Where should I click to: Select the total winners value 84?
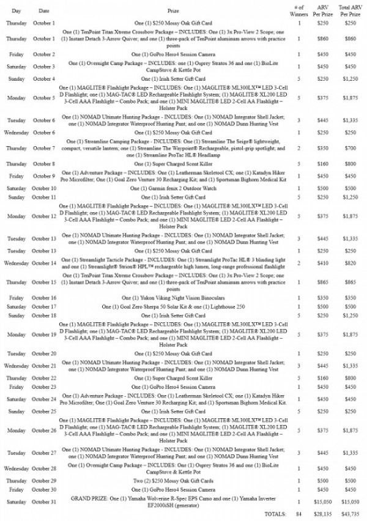coord(299,514)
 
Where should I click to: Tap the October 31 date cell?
coord(43,502)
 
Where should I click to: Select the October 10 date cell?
coord(43,189)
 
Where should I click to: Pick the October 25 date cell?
coord(43,412)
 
